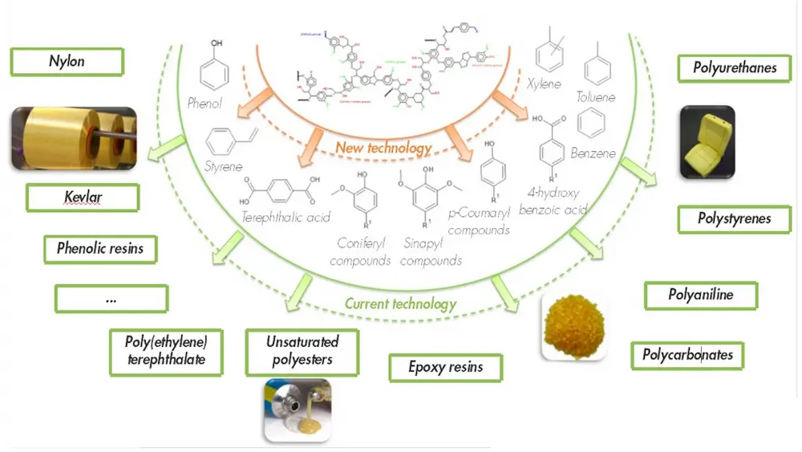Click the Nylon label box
point(67,62)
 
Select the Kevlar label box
point(82,197)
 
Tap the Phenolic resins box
point(100,249)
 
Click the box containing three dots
point(111,298)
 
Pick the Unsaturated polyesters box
point(302,350)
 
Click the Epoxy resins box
point(445,367)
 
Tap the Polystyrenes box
point(734,218)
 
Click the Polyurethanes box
point(735,68)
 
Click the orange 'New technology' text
point(383,148)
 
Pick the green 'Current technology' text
point(400,303)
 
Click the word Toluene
point(596,97)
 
